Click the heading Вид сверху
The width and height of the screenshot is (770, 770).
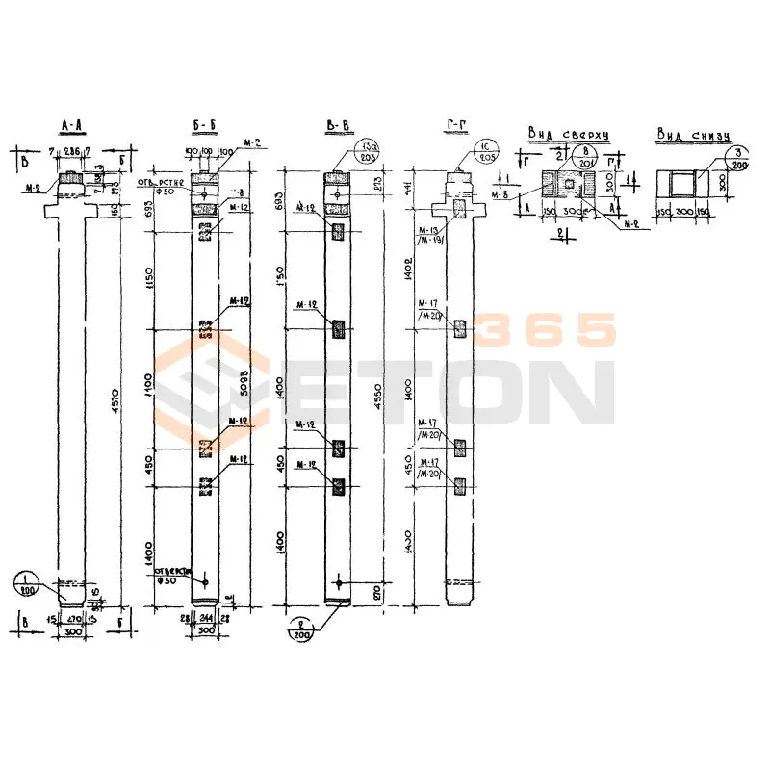568,132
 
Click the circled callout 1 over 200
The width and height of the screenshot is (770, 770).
26,582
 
